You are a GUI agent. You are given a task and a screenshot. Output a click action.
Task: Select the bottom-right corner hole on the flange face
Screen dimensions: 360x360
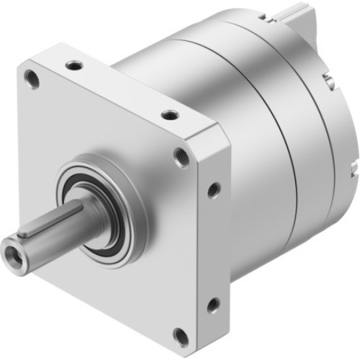pyautogui.click(x=181, y=336)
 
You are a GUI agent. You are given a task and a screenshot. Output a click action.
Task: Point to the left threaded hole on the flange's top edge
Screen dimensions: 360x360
pyautogui.click(x=74, y=66)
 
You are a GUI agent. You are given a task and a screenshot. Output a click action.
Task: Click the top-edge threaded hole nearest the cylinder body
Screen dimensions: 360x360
pyautogui.click(x=169, y=114)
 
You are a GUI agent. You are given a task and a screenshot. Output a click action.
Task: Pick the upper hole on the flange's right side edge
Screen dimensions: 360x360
pyautogui.click(x=213, y=190)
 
